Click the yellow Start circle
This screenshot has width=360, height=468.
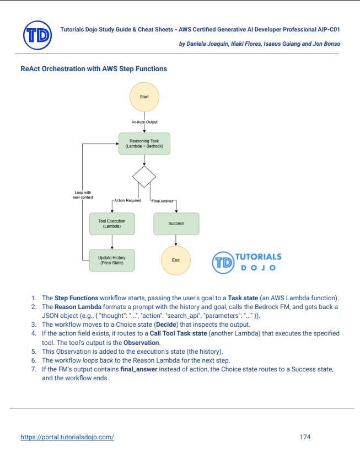pos(144,97)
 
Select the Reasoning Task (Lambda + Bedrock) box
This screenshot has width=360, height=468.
pos(144,143)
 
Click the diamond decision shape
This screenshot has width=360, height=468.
pos(144,177)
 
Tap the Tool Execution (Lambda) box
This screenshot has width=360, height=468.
pos(112,224)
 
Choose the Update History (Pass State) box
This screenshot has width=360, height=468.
pos(112,259)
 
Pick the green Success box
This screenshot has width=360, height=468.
pos(176,224)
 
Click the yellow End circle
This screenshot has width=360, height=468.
pos(176,260)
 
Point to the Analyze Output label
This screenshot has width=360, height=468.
pos(144,121)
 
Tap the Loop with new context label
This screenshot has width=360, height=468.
pos(82,195)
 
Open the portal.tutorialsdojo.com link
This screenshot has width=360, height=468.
pos(67,437)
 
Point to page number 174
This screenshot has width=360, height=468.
pos(305,437)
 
